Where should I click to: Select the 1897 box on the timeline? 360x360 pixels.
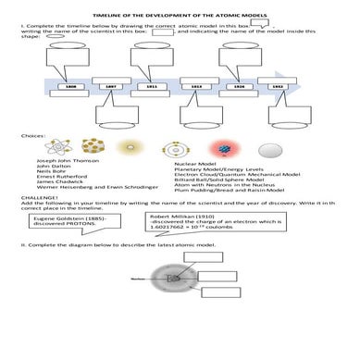tap(111, 86)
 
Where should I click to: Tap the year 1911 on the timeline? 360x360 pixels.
tap(153, 86)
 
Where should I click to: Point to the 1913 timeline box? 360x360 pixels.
tap(196, 86)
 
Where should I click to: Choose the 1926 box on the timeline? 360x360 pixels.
tap(238, 86)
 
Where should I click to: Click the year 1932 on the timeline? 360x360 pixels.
tap(279, 86)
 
